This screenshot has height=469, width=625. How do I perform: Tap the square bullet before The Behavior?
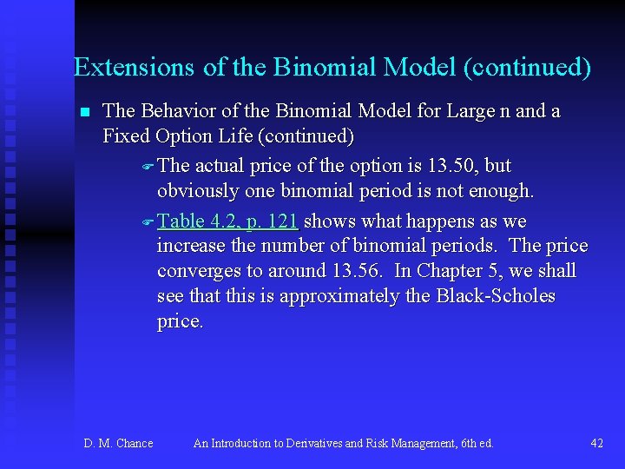tap(84, 112)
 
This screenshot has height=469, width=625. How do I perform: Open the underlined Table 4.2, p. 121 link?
tap(228, 221)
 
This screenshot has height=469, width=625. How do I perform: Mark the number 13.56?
tap(359, 270)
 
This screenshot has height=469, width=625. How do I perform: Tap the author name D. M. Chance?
tap(118, 444)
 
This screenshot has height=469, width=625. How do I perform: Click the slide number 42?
tap(596, 444)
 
